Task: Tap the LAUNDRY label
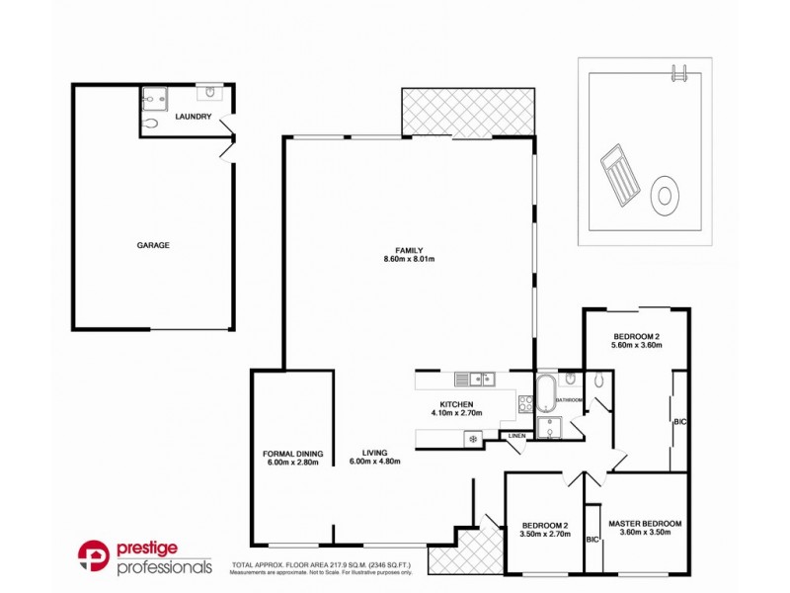[x=193, y=118]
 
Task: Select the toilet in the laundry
[x=149, y=125]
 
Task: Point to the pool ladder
[x=679, y=73]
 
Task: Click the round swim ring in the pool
[x=668, y=192]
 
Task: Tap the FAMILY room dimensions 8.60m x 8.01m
[x=410, y=259]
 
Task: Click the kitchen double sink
[x=474, y=379]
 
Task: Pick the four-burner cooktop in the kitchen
[x=522, y=403]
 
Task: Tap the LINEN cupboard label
[x=516, y=436]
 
